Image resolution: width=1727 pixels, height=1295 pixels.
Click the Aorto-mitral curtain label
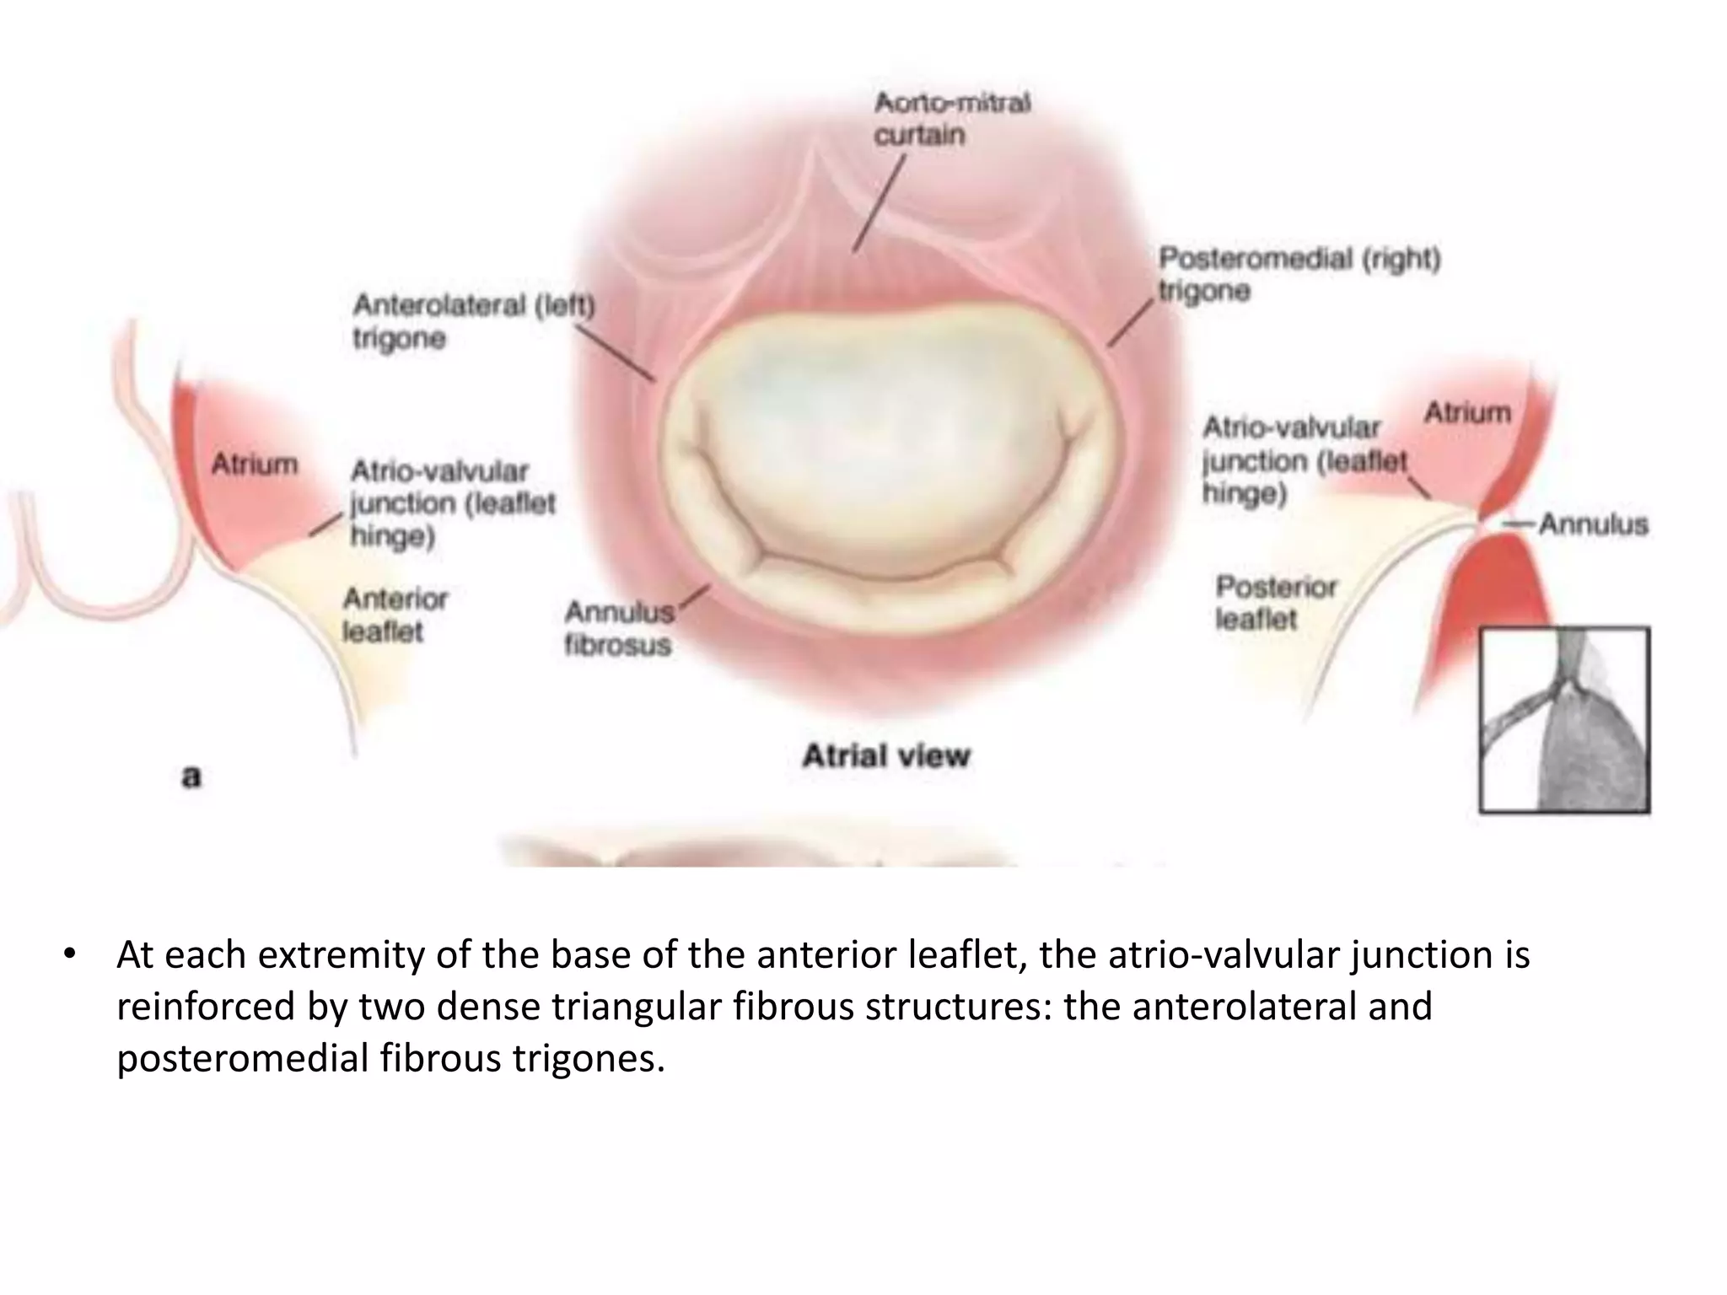pos(951,119)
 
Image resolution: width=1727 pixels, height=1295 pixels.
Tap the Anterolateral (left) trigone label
pos(473,321)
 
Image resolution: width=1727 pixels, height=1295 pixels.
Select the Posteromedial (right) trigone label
pos(1299,274)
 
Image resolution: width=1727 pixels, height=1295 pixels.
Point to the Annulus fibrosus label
pos(619,628)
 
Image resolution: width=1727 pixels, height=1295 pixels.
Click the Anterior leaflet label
pos(395,615)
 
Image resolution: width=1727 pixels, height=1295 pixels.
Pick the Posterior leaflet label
pos(1275,602)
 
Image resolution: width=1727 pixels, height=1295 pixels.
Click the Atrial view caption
pos(885,755)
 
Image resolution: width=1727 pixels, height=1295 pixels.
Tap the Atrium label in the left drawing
pos(254,464)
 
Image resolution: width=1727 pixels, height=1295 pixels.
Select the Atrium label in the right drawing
pos(1467,412)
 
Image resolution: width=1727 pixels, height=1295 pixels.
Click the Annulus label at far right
pos(1593,524)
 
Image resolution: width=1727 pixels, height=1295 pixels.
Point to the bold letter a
pos(191,775)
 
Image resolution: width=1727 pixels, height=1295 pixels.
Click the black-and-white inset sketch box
pos(1564,720)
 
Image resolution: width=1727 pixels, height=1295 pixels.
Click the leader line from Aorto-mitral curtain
pos(879,203)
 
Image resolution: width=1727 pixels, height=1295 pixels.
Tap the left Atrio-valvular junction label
pos(452,503)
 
